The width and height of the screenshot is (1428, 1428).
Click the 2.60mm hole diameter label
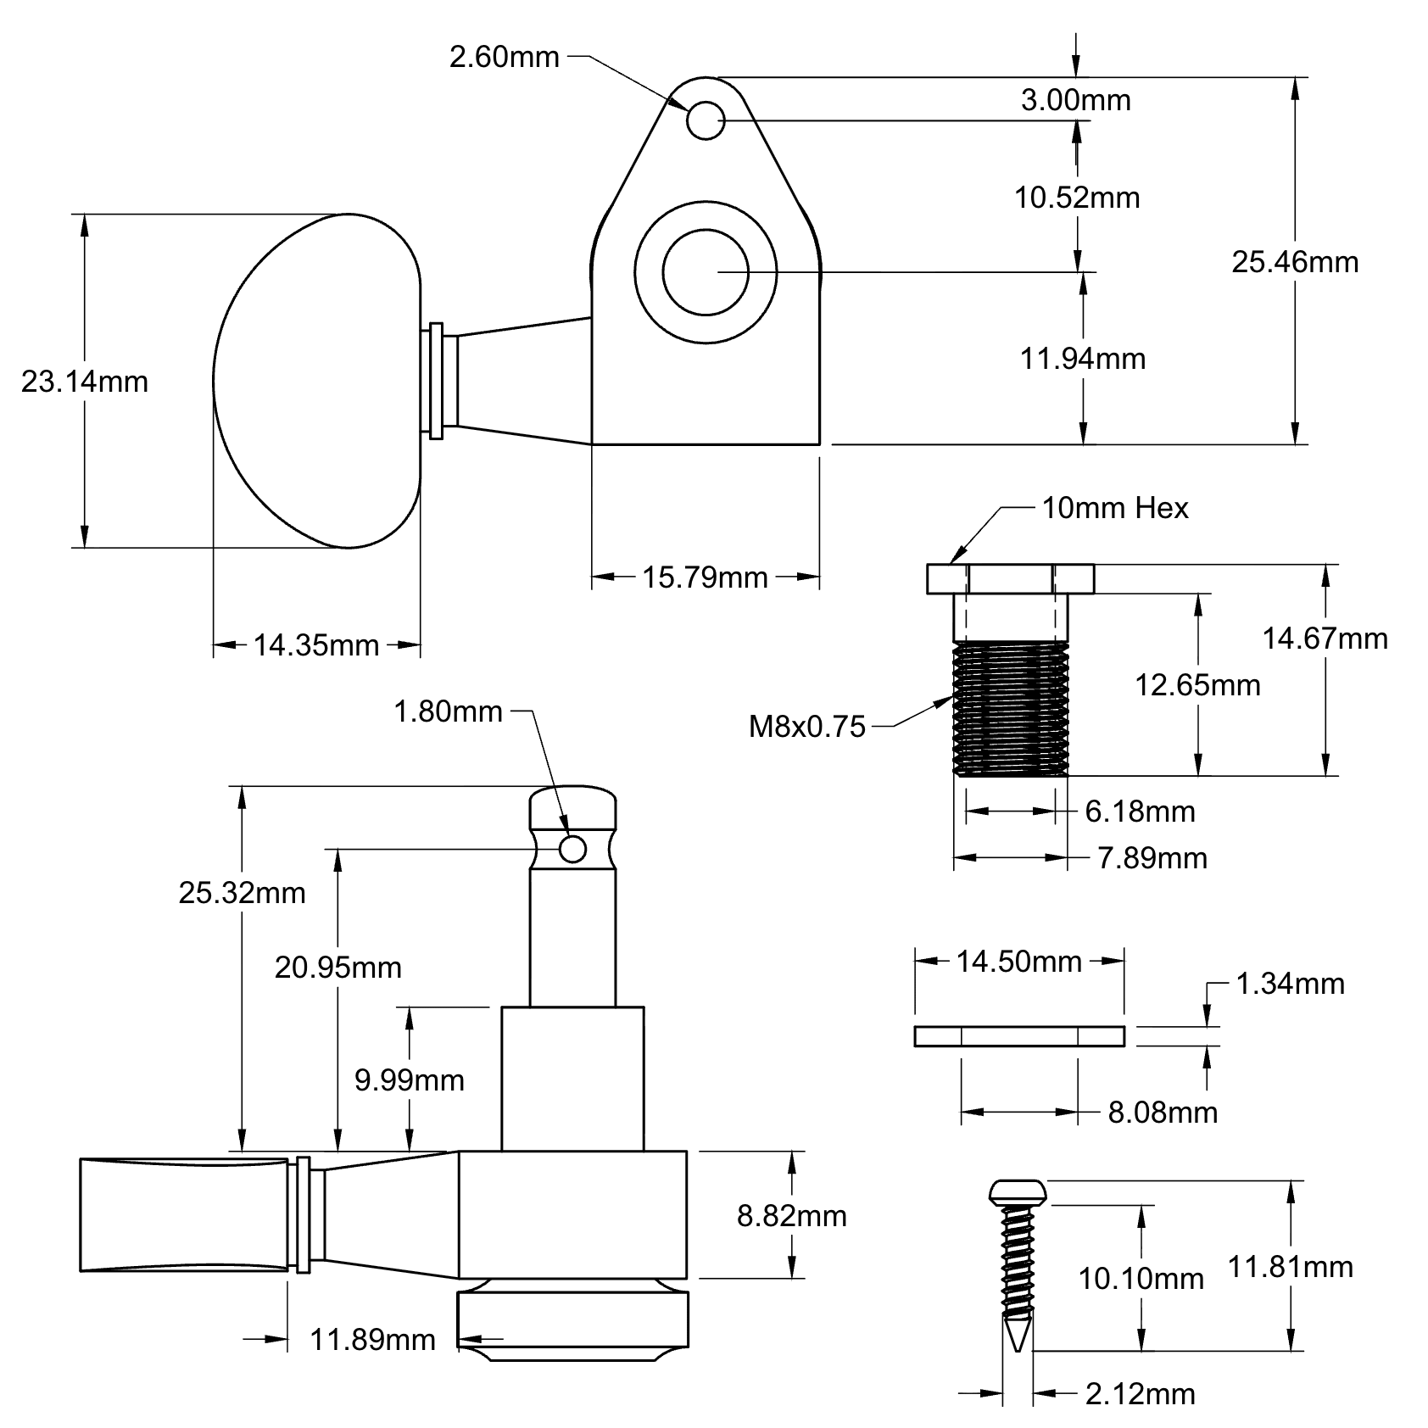point(504,58)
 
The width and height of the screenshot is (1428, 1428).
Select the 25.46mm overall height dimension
point(1295,262)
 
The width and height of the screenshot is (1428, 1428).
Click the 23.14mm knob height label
point(85,382)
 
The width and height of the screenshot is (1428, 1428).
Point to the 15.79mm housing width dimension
point(705,577)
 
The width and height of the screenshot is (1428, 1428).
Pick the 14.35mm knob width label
point(316,645)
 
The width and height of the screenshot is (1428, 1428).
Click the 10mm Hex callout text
point(1115,508)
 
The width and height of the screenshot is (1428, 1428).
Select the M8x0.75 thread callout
point(807,726)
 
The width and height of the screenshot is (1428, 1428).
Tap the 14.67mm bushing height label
point(1325,638)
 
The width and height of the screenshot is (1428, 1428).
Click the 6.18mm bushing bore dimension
point(1140,812)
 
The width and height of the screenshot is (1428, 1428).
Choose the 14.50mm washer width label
point(1019,961)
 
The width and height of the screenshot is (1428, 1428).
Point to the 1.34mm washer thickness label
point(1290,984)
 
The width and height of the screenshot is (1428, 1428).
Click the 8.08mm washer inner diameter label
point(1163,1112)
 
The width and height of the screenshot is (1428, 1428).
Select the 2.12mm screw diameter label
point(1141,1393)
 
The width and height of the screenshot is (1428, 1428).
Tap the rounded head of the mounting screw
point(1018,1191)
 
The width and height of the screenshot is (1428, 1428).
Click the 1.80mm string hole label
point(448,711)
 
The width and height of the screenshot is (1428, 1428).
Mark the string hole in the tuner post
point(573,848)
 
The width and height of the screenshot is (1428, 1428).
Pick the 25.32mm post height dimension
point(242,892)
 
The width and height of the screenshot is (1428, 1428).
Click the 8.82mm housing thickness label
point(791,1216)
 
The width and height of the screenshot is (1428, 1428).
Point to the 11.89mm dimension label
point(372,1340)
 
